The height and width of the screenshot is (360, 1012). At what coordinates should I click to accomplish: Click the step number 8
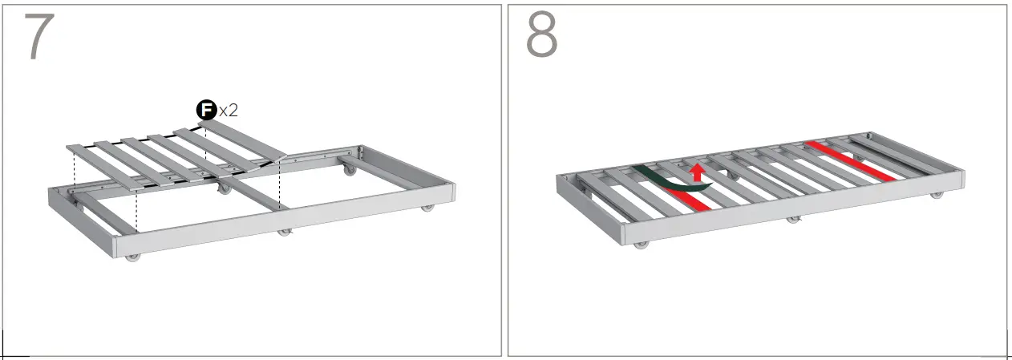tap(542, 36)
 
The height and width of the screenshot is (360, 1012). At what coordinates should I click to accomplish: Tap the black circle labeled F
tap(207, 110)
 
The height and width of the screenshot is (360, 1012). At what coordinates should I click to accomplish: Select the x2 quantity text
tap(229, 111)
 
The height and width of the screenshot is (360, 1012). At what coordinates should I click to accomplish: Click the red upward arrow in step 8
tap(697, 172)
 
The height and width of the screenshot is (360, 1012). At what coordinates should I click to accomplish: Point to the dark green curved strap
tap(670, 179)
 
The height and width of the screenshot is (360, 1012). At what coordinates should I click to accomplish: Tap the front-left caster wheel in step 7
tap(132, 257)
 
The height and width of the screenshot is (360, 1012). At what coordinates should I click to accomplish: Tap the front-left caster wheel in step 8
tap(641, 244)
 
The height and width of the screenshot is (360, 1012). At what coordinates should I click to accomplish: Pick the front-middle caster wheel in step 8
tap(793, 219)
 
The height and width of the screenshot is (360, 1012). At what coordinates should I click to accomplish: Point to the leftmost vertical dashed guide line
tap(74, 173)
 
